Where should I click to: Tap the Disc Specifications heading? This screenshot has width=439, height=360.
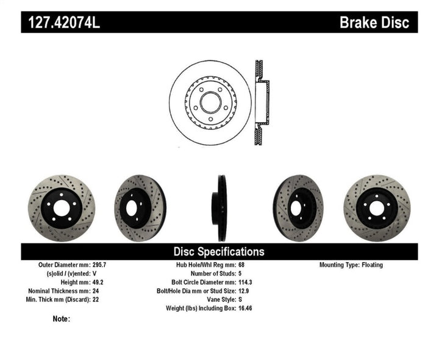[x=219, y=251]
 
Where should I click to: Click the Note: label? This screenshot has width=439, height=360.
[x=62, y=319]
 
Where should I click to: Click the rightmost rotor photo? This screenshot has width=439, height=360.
[x=377, y=208]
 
